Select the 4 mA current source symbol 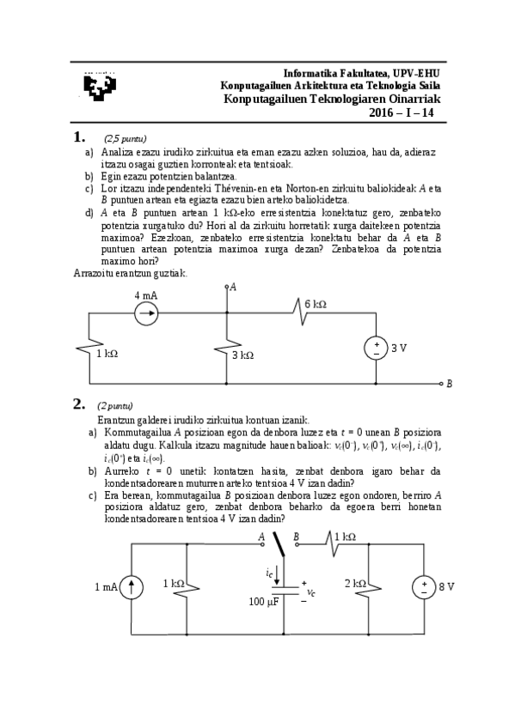(x=147, y=313)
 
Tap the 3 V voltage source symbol (x=376, y=349)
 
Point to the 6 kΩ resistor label (x=316, y=304)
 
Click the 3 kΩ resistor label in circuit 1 (x=244, y=355)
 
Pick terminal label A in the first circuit (x=232, y=287)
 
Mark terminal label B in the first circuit (x=450, y=384)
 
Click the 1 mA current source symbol (x=130, y=587)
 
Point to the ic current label (x=269, y=571)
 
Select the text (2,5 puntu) (x=126, y=139)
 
